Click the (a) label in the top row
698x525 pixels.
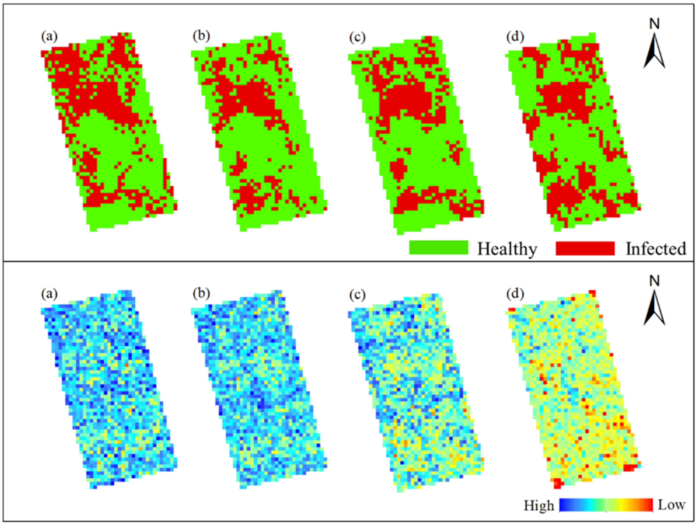click(49, 37)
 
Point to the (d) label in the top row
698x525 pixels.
click(515, 37)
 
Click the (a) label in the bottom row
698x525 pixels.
click(49, 294)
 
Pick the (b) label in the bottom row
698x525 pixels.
click(201, 293)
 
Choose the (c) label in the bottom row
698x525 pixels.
click(357, 294)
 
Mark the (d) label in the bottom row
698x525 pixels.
click(515, 294)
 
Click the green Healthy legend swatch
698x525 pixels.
click(439, 248)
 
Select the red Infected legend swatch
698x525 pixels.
click(585, 248)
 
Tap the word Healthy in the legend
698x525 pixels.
click(507, 249)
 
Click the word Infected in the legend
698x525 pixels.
click(656, 249)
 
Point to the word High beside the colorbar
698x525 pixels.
click(539, 506)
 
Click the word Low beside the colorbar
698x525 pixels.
click(671, 505)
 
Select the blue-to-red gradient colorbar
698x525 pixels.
click(606, 505)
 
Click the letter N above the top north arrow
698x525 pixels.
click(654, 24)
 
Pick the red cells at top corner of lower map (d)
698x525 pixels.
click(592, 293)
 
